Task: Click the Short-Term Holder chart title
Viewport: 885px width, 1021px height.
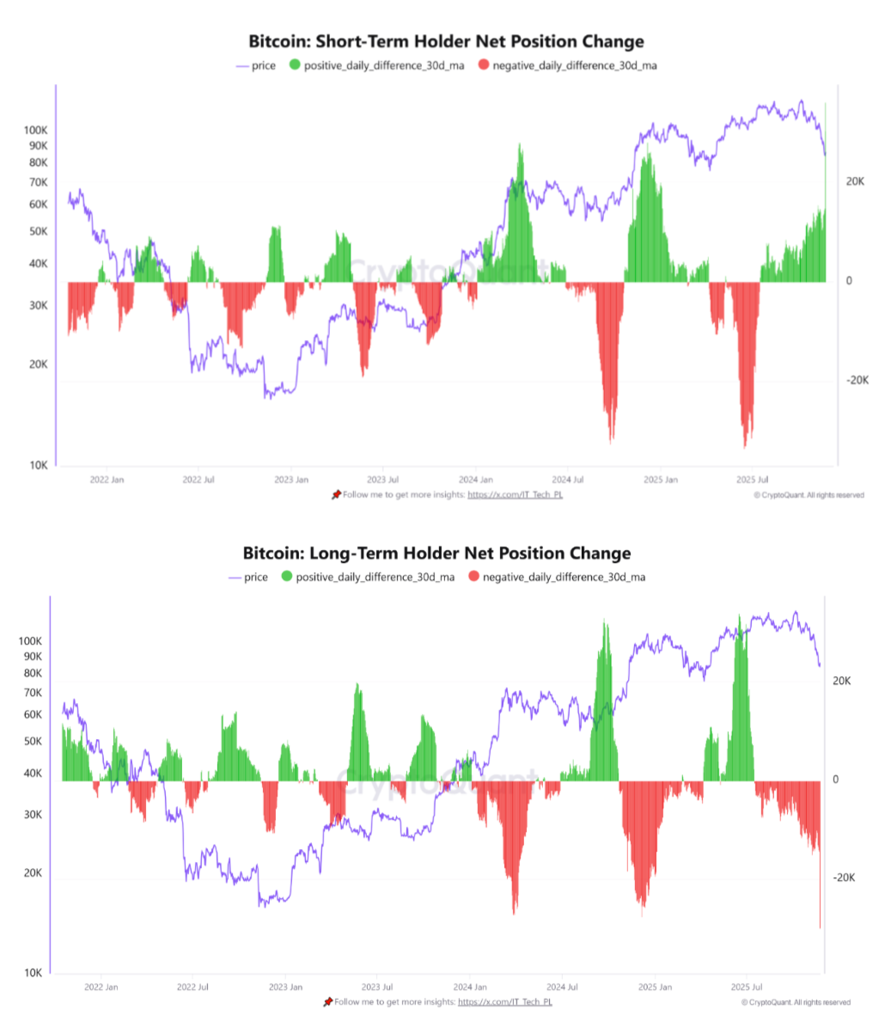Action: (446, 41)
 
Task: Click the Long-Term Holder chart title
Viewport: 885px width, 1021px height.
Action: (436, 553)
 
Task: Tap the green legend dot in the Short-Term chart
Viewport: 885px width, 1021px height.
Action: (296, 65)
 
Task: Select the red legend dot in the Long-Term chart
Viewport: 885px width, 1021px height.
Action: (473, 578)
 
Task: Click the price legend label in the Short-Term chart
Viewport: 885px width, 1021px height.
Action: (264, 65)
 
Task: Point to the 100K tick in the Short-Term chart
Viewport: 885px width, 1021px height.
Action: (36, 130)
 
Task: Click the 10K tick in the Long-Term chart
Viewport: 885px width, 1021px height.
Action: (32, 974)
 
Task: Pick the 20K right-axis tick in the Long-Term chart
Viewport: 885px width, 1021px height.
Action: (841, 681)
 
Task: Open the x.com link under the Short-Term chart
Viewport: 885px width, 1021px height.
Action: (516, 495)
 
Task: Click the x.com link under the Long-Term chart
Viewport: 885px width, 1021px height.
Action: (506, 1002)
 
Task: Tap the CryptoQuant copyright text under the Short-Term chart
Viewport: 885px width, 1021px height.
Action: (809, 495)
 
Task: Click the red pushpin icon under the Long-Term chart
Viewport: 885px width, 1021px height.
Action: (327, 1002)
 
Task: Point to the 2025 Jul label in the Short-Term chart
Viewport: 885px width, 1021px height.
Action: (753, 480)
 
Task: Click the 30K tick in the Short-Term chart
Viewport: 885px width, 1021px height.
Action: (37, 306)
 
